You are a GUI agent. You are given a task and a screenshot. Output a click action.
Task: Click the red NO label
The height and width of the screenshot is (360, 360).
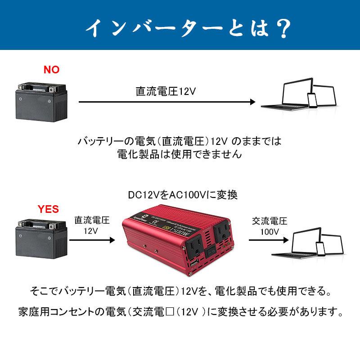pyautogui.click(x=51, y=70)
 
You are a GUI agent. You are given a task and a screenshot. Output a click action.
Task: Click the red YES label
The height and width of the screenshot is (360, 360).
pyautogui.click(x=48, y=209)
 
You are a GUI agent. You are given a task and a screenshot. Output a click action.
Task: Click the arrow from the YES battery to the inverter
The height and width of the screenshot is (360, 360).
pyautogui.click(x=90, y=240)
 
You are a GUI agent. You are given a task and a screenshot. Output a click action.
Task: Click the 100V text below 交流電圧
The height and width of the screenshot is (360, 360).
pyautogui.click(x=270, y=232)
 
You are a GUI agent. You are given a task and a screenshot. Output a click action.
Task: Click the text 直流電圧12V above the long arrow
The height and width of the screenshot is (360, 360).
pyautogui.click(x=166, y=91)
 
